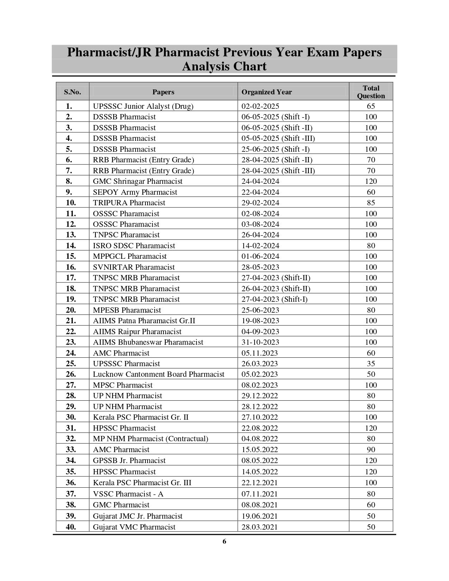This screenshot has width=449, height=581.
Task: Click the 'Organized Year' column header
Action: (x=267, y=92)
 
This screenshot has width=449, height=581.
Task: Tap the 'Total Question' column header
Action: (x=371, y=92)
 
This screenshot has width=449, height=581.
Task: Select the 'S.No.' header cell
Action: (x=72, y=92)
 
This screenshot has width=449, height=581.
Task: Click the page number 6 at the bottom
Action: (x=224, y=542)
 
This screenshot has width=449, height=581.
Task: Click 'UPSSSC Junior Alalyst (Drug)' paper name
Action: (x=143, y=106)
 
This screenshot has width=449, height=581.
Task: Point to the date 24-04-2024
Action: (x=260, y=181)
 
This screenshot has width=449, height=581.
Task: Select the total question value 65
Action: (x=371, y=106)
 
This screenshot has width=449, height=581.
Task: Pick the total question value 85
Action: (x=371, y=203)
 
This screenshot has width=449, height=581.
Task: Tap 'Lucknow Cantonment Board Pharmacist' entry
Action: (x=158, y=374)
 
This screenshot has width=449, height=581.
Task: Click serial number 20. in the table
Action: (x=71, y=310)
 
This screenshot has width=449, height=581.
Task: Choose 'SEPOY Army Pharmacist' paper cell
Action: (x=135, y=192)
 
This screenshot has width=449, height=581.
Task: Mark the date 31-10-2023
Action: (x=260, y=342)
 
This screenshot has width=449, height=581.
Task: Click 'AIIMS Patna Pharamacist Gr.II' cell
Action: (x=144, y=321)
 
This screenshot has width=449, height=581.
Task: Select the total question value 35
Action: (x=371, y=364)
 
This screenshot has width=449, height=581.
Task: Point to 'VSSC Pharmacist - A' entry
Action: (x=128, y=494)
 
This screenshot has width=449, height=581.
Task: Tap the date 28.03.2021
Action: (x=260, y=527)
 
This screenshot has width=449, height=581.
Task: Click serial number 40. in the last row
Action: (x=71, y=527)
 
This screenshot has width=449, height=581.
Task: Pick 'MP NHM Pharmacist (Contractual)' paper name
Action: (x=150, y=439)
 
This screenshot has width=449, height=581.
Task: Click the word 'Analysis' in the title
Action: (x=206, y=66)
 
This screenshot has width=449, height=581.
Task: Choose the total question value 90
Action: (x=371, y=450)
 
